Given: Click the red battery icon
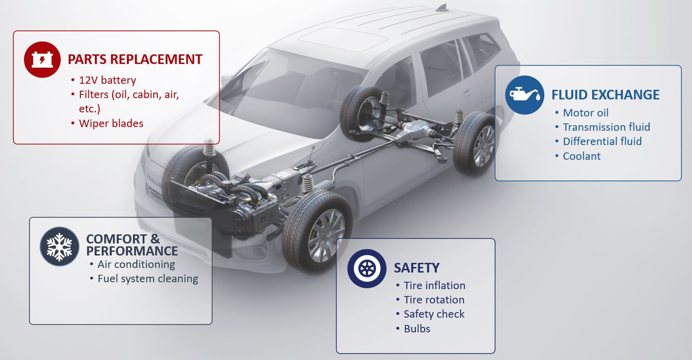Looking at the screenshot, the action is click(x=42, y=59).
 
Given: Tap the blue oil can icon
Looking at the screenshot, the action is click(x=525, y=95).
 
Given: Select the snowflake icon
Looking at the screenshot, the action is click(x=59, y=247).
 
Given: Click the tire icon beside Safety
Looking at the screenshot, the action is click(x=367, y=268).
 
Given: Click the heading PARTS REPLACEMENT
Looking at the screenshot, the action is click(x=135, y=59).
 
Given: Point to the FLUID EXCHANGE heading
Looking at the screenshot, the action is click(x=605, y=95).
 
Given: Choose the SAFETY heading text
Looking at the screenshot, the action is click(x=416, y=268).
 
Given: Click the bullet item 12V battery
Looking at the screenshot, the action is click(x=108, y=80).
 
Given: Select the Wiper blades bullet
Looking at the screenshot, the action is click(x=111, y=123).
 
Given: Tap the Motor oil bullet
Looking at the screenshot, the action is click(x=586, y=113).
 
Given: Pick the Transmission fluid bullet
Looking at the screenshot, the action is click(x=606, y=127).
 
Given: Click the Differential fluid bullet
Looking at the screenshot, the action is click(x=602, y=141).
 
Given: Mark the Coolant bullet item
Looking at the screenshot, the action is click(x=582, y=156).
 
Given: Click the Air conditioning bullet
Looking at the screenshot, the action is click(x=136, y=265).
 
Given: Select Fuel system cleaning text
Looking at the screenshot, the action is click(x=148, y=279).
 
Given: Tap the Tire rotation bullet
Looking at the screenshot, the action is click(x=434, y=300).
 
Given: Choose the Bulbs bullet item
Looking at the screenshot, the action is click(x=417, y=329).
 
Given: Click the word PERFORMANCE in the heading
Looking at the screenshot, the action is click(x=132, y=251).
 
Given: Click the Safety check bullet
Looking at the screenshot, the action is click(x=434, y=314).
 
